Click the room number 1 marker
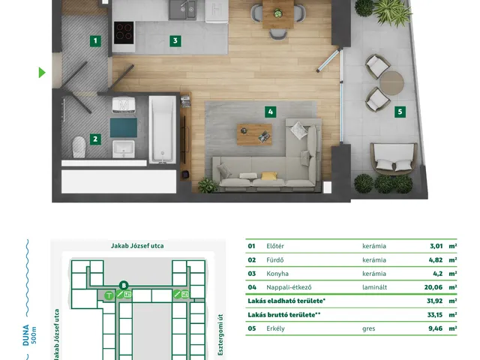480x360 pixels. [x=95, y=40]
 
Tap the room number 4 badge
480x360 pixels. [x=270, y=112]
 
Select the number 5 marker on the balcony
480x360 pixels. [x=400, y=112]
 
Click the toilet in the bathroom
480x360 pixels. [x=79, y=147]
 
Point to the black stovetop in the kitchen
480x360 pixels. [x=124, y=32]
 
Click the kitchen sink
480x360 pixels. [x=182, y=10]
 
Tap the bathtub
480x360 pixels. [x=162, y=129]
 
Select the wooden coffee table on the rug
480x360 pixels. [x=254, y=135]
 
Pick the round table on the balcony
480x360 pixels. [x=391, y=83]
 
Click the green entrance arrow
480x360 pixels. [x=42, y=73]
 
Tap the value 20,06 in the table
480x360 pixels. [x=433, y=287]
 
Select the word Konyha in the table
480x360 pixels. [x=277, y=274]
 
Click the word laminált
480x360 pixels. [x=374, y=287]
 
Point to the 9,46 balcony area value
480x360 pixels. [x=435, y=328]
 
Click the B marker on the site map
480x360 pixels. [x=124, y=286]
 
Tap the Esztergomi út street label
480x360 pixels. [x=220, y=335]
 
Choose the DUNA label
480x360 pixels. [x=26, y=335]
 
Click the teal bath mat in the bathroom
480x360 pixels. [x=123, y=127]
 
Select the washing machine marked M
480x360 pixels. [x=124, y=105]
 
